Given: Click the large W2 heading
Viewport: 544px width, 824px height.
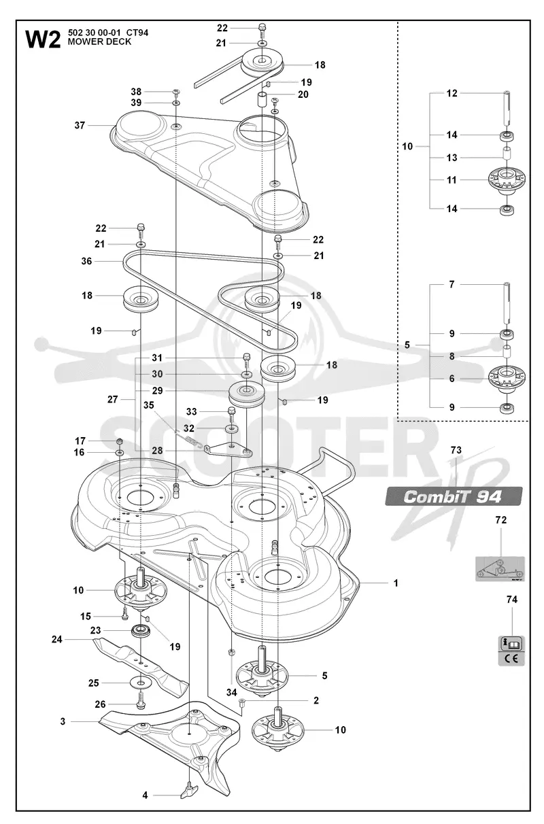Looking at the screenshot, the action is click(x=43, y=39).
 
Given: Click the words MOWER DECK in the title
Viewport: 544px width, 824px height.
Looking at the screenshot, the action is click(x=99, y=42).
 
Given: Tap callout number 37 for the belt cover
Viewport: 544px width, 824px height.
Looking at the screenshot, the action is click(x=80, y=126).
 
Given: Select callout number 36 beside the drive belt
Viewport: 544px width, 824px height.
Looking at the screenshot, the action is click(x=86, y=261).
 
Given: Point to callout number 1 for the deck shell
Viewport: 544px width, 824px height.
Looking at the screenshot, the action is click(x=396, y=583).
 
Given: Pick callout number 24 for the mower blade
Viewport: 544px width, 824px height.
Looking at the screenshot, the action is click(x=57, y=639).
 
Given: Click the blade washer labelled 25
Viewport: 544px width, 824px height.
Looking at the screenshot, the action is click(x=141, y=683).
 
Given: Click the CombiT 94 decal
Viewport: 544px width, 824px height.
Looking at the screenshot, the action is click(x=454, y=496).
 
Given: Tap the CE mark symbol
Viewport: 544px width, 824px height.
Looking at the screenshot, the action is click(x=511, y=659).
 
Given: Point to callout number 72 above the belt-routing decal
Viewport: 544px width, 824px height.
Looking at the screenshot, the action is click(x=501, y=520).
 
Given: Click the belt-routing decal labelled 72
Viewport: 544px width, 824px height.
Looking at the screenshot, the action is click(x=500, y=568).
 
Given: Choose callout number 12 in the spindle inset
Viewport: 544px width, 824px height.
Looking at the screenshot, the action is click(x=452, y=93).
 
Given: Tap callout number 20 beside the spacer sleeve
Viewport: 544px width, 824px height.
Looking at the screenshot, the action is click(x=303, y=95).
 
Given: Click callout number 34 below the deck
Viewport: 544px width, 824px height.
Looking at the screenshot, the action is click(x=231, y=692).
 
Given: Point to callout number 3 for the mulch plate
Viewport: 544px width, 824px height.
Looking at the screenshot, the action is click(x=63, y=721).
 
